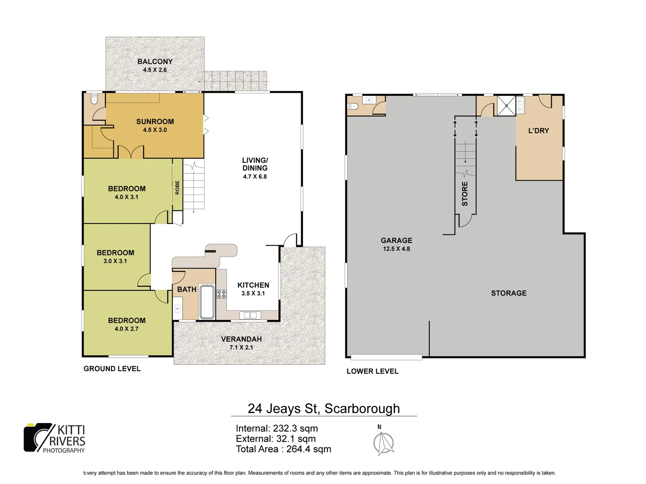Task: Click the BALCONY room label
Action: (155, 61)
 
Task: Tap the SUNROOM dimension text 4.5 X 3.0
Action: (155, 130)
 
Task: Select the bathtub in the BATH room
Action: (207, 301)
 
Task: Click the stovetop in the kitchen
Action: (222, 294)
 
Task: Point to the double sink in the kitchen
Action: (250, 315)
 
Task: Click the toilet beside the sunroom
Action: (94, 99)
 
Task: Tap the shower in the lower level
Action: (506, 106)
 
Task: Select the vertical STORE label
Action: (465, 194)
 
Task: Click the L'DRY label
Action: (538, 131)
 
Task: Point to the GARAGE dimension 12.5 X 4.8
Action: (396, 249)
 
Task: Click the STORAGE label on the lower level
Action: (509, 293)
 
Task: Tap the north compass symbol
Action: (384, 443)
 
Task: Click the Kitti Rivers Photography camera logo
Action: (38, 437)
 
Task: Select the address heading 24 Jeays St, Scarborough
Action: (323, 408)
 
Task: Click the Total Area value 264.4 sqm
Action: (309, 449)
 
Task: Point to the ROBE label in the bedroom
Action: (177, 187)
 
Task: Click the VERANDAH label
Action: (241, 339)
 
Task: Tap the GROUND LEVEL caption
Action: (112, 369)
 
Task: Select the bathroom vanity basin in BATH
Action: (178, 308)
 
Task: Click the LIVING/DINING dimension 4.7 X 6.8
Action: (255, 177)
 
